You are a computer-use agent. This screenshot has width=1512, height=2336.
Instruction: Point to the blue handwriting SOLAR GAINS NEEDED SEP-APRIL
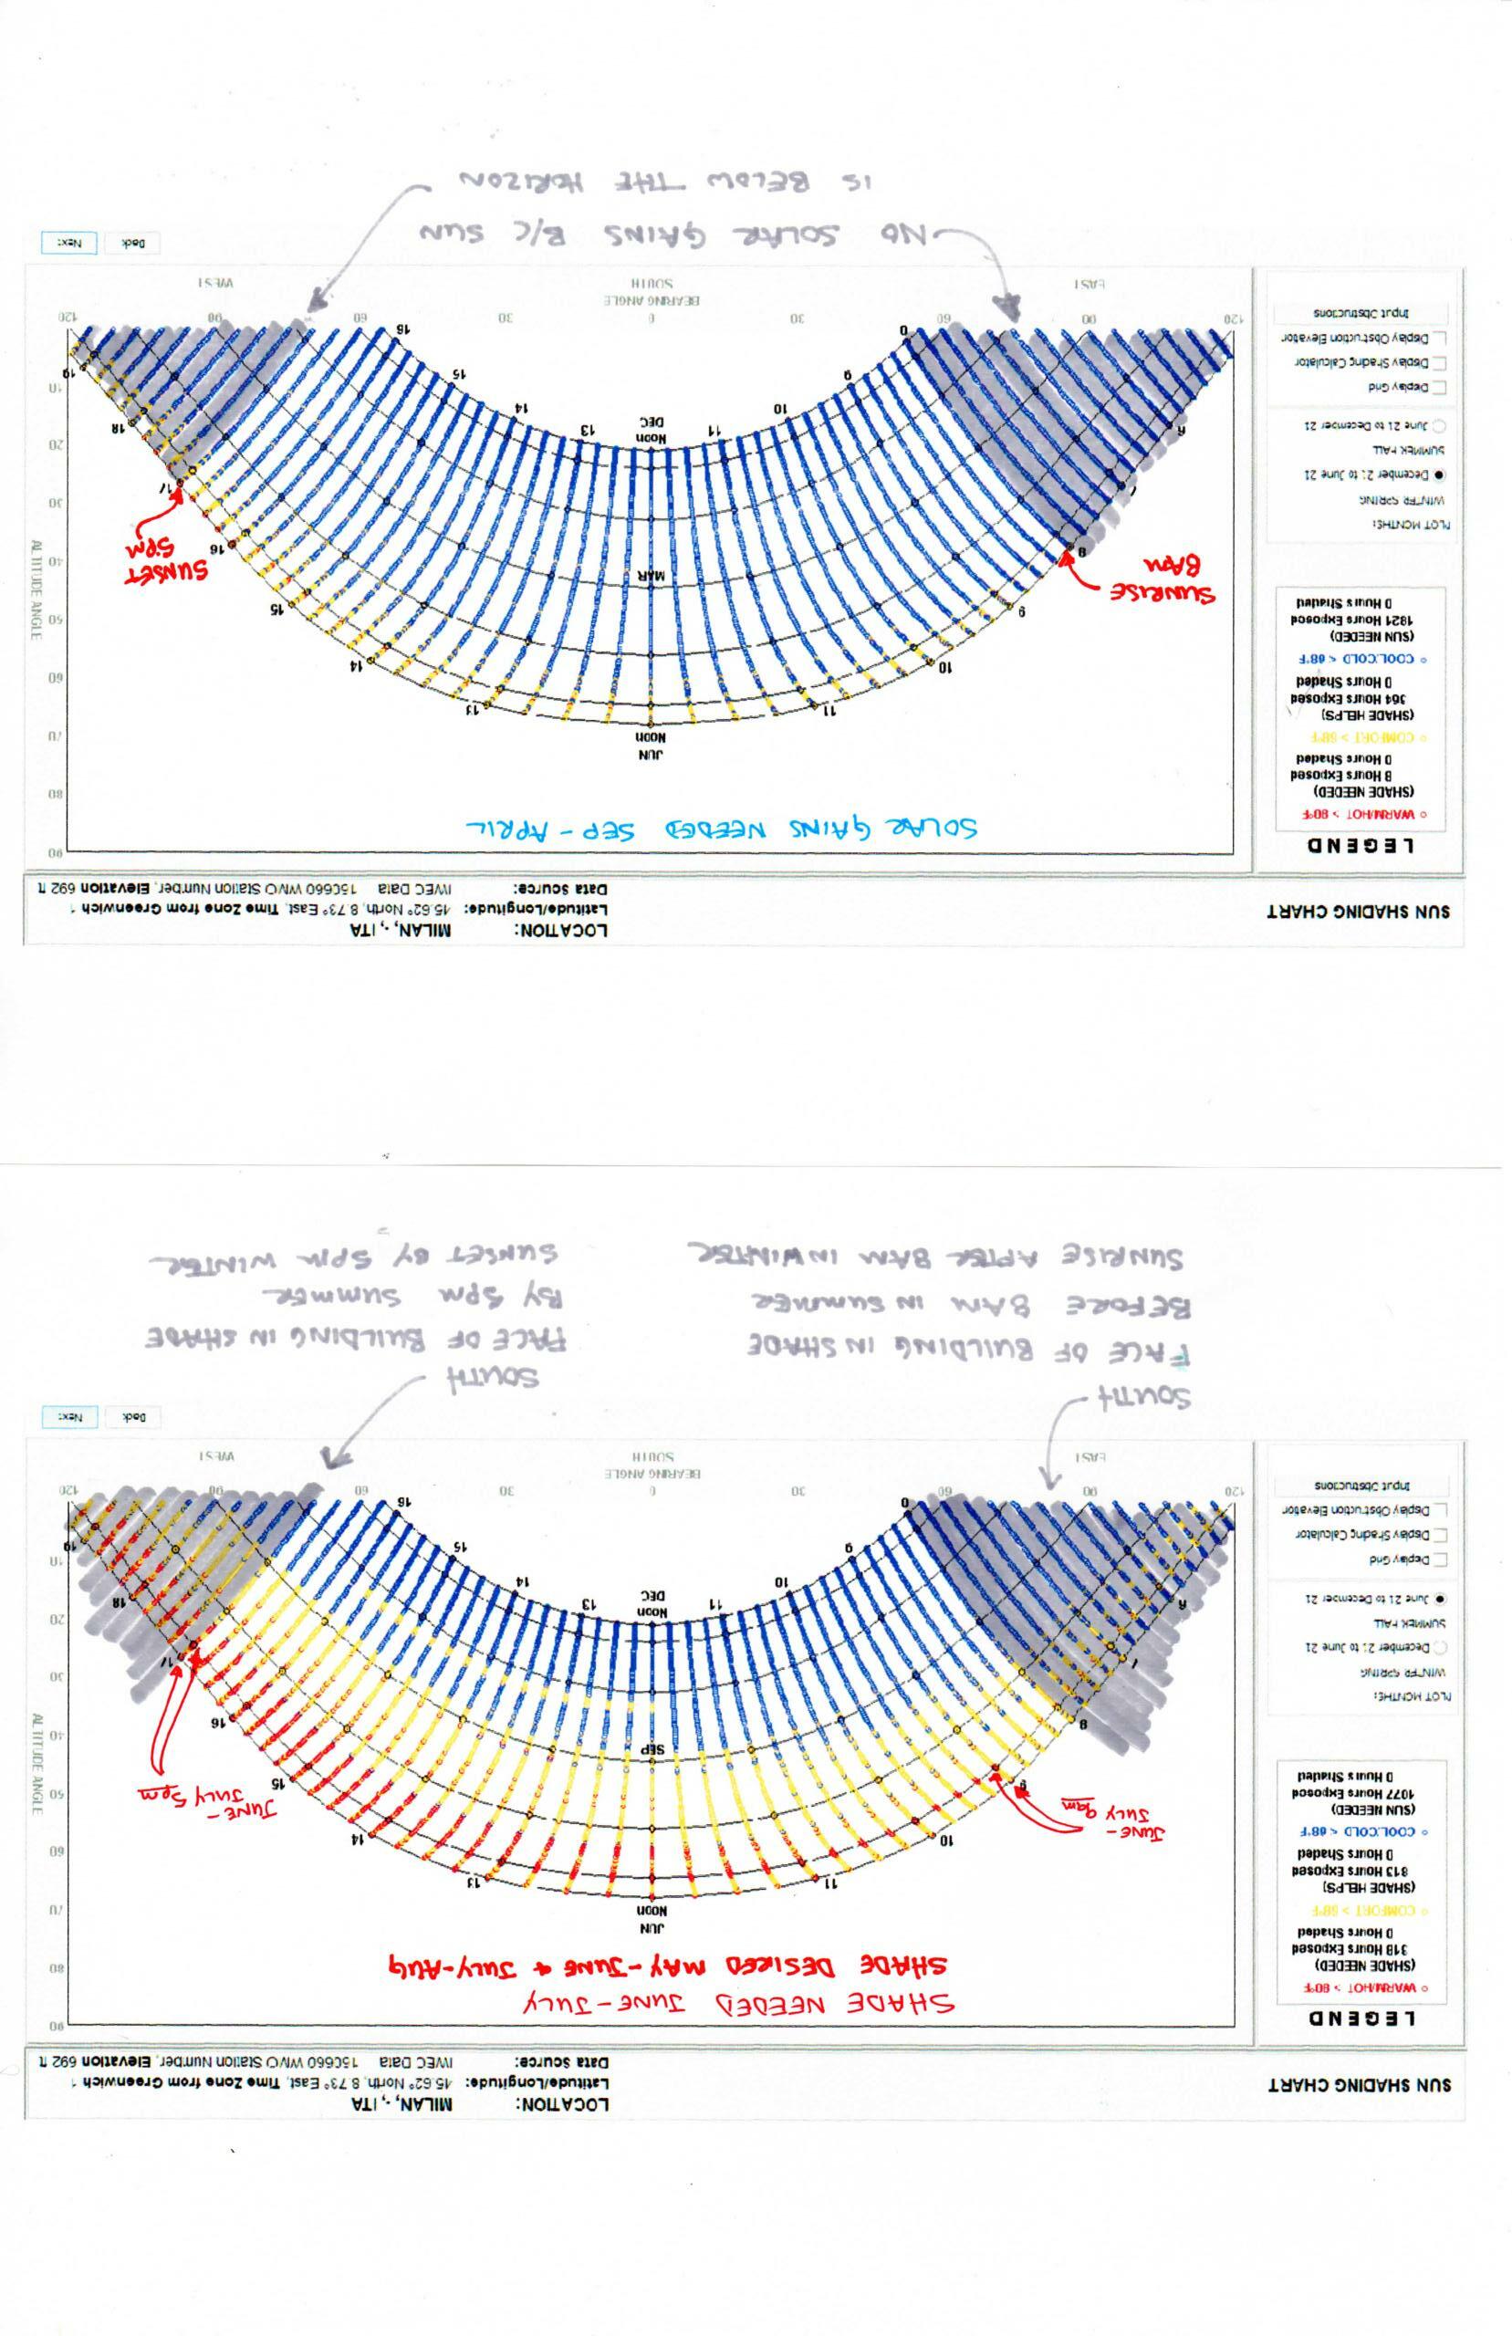(722, 828)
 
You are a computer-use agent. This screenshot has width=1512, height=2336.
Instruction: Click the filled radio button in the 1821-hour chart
(1440, 474)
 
